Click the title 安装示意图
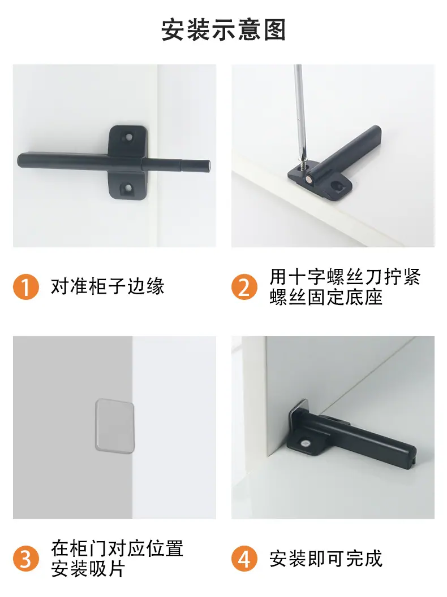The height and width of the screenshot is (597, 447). (223, 30)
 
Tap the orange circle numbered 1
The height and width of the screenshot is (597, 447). (26, 287)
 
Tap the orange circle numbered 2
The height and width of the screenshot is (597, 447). (244, 287)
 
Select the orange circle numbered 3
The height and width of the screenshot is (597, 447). (26, 559)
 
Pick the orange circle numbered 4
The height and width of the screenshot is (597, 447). (244, 559)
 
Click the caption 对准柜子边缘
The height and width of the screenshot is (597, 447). (108, 287)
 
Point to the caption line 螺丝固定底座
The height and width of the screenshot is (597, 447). (326, 297)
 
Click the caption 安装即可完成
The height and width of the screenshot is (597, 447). (326, 559)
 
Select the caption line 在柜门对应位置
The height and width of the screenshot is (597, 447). (118, 548)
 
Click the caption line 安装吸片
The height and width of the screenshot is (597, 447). (88, 570)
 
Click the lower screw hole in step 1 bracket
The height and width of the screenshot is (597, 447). (128, 187)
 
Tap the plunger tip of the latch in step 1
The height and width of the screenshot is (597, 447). (208, 164)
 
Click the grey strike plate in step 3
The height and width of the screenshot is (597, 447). (114, 426)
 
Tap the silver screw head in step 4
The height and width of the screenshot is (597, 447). (306, 443)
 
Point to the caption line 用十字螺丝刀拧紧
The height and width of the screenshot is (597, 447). (345, 277)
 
